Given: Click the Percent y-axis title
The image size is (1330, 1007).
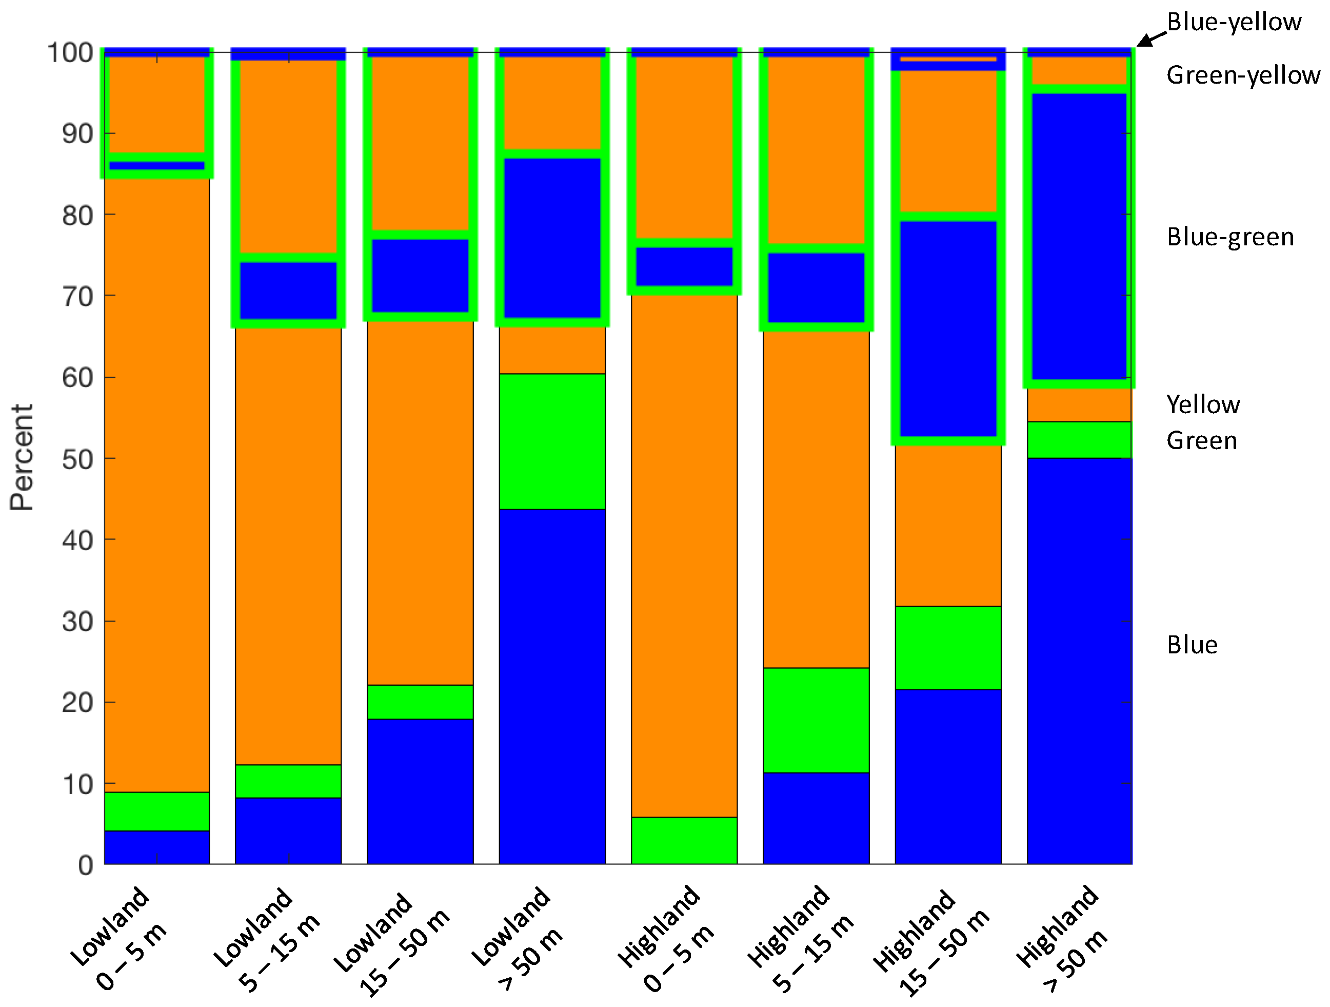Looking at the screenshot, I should pyautogui.click(x=22, y=457).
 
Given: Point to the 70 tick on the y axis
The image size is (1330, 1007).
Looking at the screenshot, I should pyautogui.click(x=77, y=297).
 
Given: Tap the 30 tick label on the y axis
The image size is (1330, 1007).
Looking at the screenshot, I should pyautogui.click(x=77, y=622).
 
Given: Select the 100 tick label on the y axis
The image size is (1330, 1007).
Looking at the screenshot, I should pyautogui.click(x=70, y=53).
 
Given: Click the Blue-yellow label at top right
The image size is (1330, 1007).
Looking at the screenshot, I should pyautogui.click(x=1234, y=22).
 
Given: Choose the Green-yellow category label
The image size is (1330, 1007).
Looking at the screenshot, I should pyautogui.click(x=1243, y=76).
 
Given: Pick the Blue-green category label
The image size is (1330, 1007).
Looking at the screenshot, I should pyautogui.click(x=1230, y=237).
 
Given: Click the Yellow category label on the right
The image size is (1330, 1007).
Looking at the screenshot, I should pyautogui.click(x=1203, y=404).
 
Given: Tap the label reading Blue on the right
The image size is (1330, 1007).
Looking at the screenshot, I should pyautogui.click(x=1193, y=645).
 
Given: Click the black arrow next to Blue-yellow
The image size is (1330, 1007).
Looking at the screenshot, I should pyautogui.click(x=1151, y=39).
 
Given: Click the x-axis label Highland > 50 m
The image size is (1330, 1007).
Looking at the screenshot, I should pyautogui.click(x=1061, y=938).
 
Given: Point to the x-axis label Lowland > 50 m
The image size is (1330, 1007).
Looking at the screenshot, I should pyautogui.click(x=516, y=938).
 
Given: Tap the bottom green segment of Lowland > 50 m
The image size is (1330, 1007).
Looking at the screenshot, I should pyautogui.click(x=552, y=441).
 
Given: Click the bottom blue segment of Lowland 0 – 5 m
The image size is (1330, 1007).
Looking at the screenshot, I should pyautogui.click(x=157, y=847).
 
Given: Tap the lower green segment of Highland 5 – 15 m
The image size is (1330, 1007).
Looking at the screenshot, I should pyautogui.click(x=816, y=720).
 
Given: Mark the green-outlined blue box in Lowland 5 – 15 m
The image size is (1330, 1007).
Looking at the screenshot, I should pyautogui.click(x=288, y=291).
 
